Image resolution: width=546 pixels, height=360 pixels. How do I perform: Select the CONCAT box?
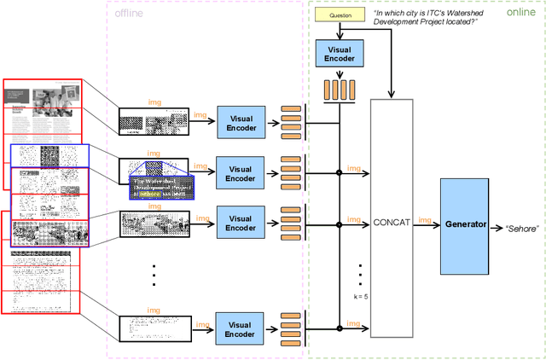pos(392,223)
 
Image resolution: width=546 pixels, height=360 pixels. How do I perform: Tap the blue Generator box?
pos(464,225)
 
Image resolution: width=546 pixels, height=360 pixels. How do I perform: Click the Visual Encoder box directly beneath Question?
pos(339,54)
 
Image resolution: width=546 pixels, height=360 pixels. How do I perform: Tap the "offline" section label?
pos(129,12)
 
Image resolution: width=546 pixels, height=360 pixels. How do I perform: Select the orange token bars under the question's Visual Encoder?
pos(339,88)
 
